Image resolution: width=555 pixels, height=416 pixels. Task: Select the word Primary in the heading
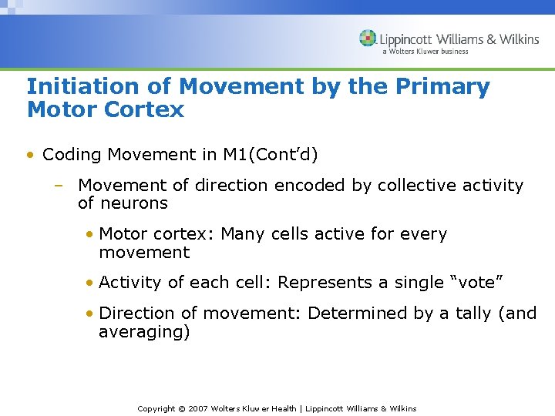point(443,87)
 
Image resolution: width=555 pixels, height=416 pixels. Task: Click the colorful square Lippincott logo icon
point(368,39)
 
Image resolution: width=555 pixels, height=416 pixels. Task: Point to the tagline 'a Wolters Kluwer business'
point(425,52)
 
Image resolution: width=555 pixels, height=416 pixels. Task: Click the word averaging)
point(143,332)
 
